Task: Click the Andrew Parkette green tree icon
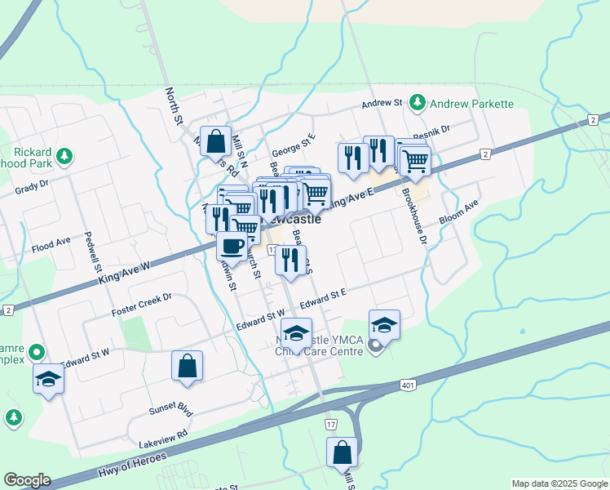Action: point(418,103)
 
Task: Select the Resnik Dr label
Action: point(431,131)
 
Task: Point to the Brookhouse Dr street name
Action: point(413,217)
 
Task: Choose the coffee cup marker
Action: point(232,245)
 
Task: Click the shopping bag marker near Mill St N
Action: point(215,141)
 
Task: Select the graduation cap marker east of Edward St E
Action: point(384,324)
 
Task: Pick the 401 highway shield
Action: point(407,385)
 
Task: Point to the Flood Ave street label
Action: point(51,245)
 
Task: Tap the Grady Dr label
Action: point(32,189)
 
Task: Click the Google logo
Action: point(27,479)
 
